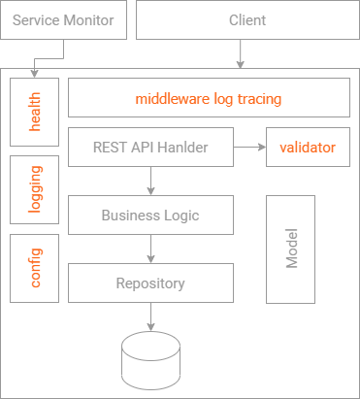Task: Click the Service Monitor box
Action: click(x=63, y=20)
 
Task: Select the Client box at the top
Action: click(x=246, y=20)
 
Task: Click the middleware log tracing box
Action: click(x=209, y=98)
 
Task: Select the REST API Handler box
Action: click(x=150, y=148)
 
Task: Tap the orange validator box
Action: click(x=307, y=148)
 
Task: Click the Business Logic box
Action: click(x=150, y=216)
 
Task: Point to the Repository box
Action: click(x=150, y=283)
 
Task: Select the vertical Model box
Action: click(x=290, y=249)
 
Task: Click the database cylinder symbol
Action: click(x=150, y=360)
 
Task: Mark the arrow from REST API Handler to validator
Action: click(x=249, y=148)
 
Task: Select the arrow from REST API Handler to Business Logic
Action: click(x=150, y=182)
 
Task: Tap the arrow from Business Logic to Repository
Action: click(x=150, y=249)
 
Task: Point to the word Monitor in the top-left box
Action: click(x=88, y=20)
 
